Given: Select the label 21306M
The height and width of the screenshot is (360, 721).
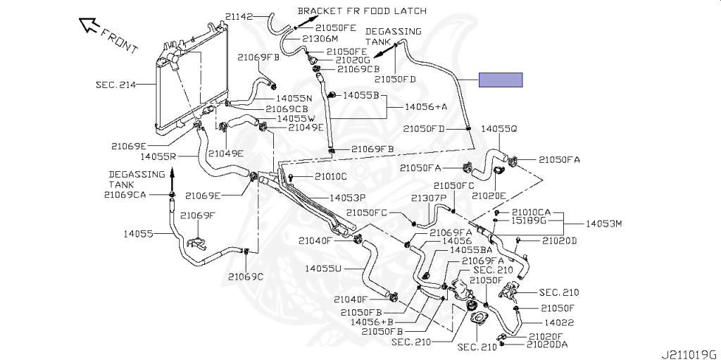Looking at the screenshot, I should (x=322, y=39).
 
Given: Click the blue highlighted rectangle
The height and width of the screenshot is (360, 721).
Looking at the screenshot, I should (x=501, y=80).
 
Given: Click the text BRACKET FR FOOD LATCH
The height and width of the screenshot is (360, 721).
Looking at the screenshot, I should (x=362, y=11).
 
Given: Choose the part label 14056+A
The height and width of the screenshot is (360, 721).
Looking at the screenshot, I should (x=426, y=106).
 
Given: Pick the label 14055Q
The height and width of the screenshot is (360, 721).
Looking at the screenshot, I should (x=499, y=129).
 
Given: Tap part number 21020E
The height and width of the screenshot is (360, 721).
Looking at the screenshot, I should (x=489, y=195).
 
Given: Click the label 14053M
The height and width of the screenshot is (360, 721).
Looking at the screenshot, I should (x=604, y=224).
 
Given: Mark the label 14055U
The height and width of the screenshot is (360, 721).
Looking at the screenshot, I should (x=323, y=268).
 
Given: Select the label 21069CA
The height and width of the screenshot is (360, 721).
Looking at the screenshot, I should (x=125, y=194).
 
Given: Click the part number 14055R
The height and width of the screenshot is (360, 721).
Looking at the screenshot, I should (x=158, y=156).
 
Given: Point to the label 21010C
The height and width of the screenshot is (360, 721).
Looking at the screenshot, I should (x=331, y=176).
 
